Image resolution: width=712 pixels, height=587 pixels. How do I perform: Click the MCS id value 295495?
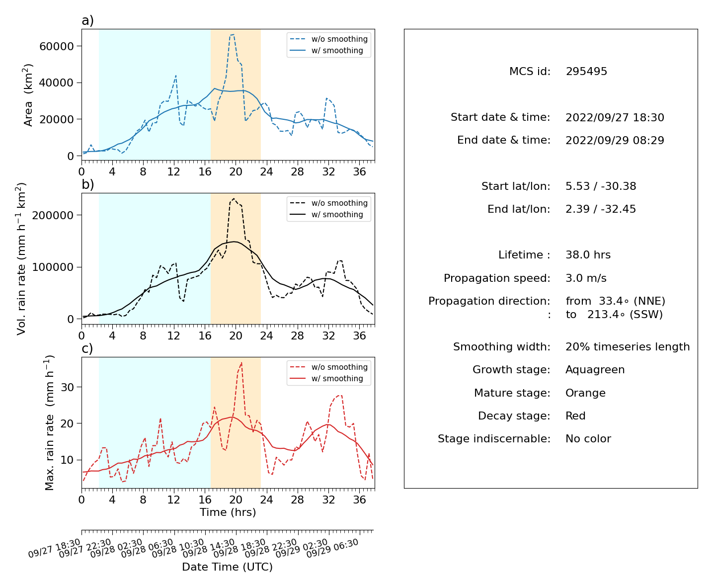point(586,71)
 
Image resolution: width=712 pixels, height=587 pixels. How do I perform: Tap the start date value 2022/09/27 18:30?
point(615,117)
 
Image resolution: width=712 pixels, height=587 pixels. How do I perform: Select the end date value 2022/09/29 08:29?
point(615,140)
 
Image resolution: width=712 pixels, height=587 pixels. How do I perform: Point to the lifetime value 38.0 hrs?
point(587,255)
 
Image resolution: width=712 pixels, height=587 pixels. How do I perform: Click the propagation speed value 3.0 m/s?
point(585,278)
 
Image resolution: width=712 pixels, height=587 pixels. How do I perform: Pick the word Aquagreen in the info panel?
point(595,370)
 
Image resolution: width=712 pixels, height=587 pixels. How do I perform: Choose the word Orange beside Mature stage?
point(585,393)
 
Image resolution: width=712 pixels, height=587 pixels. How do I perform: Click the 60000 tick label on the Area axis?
point(56,46)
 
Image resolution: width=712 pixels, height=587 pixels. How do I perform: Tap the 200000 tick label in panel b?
point(53,215)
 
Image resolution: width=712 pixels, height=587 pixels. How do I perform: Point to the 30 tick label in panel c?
point(67,387)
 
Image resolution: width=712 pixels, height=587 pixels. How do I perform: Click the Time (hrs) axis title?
point(228,512)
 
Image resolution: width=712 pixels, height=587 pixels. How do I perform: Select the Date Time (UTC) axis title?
point(227,567)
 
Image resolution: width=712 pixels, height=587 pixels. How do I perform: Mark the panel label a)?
point(87,20)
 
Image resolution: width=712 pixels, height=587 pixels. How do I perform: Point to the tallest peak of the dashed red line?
point(241,363)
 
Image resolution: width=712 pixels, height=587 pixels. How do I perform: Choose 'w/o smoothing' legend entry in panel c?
point(328,367)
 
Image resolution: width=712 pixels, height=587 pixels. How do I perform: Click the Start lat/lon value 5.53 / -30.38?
point(601,186)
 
